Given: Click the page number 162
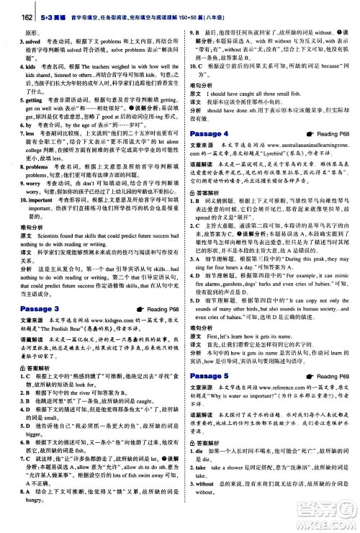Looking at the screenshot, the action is (11, 7).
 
